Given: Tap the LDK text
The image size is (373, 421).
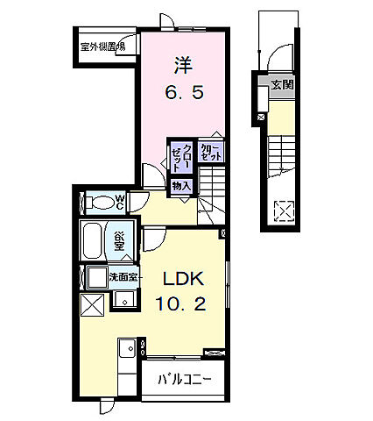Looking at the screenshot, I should click(183, 280).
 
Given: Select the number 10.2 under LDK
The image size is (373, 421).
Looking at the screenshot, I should click(183, 306).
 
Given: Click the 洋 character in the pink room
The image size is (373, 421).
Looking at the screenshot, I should click(182, 64).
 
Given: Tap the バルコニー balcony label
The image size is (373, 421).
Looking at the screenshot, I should click(184, 380).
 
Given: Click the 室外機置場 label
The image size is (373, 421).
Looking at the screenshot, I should click(102, 46).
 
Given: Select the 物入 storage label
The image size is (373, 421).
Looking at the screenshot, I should click(181, 186).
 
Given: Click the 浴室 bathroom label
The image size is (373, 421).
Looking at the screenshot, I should click(119, 239).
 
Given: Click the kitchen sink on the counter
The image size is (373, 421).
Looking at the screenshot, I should click(124, 351).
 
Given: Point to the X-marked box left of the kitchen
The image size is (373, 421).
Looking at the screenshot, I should click(94, 305).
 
